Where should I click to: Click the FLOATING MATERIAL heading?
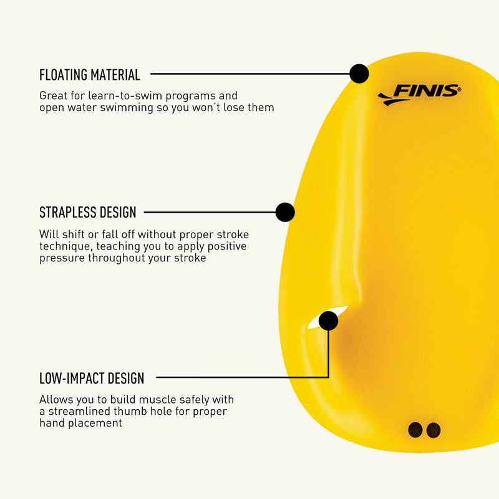coord(90,75)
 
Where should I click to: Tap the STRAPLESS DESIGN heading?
coord(87,212)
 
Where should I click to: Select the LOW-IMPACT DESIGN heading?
coord(92,378)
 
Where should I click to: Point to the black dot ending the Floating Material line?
coord(359,74)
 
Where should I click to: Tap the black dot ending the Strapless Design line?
coord(285,212)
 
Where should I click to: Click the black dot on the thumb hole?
coord(328,321)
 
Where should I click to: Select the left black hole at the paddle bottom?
coord(415,430)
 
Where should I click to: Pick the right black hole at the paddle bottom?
coord(434,430)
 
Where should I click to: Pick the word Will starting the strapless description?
coord(48,235)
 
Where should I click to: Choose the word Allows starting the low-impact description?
coord(56,399)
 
